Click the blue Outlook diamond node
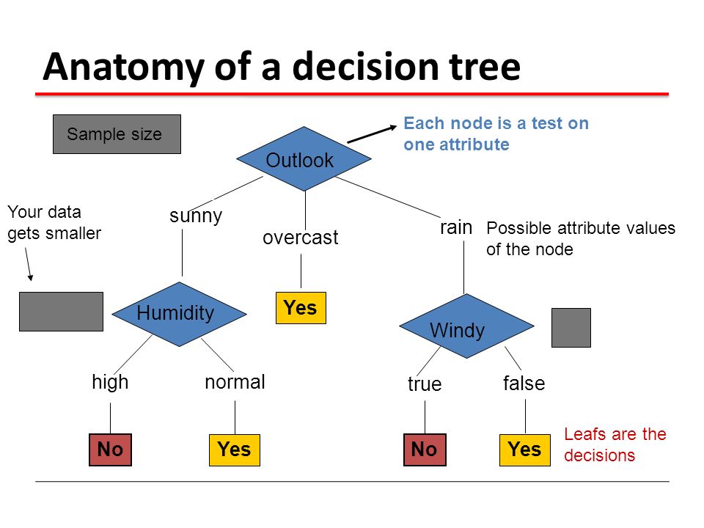(304, 159)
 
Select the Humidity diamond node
(179, 314)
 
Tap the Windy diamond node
(466, 326)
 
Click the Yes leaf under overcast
(301, 308)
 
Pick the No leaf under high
(111, 450)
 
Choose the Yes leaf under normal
(235, 450)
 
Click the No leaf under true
(425, 450)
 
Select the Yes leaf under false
(525, 450)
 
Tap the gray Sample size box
(117, 134)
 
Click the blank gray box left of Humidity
(61, 312)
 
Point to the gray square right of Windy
(571, 328)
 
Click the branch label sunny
(196, 216)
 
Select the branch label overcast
(301, 238)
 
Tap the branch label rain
(456, 227)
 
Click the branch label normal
(235, 382)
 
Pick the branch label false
(524, 384)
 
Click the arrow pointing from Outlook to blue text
(373, 134)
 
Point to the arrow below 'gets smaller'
(29, 265)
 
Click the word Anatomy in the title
(124, 67)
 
